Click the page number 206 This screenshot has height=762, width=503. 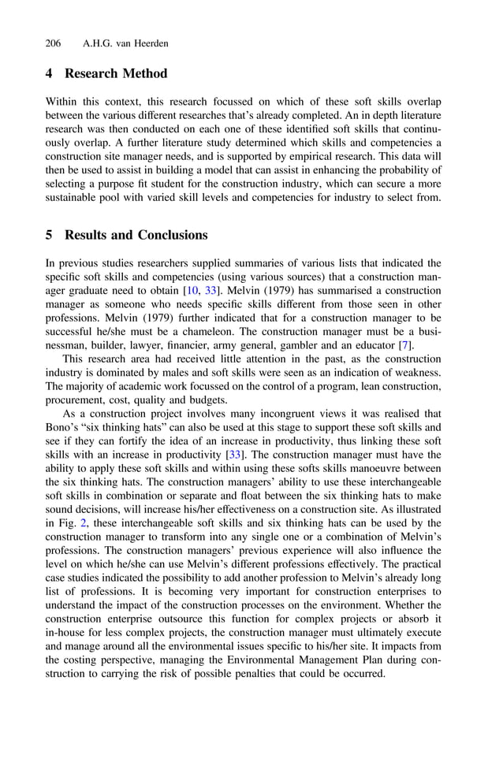(54, 43)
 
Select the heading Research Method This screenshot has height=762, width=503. (116, 73)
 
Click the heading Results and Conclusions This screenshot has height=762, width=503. (136, 235)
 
